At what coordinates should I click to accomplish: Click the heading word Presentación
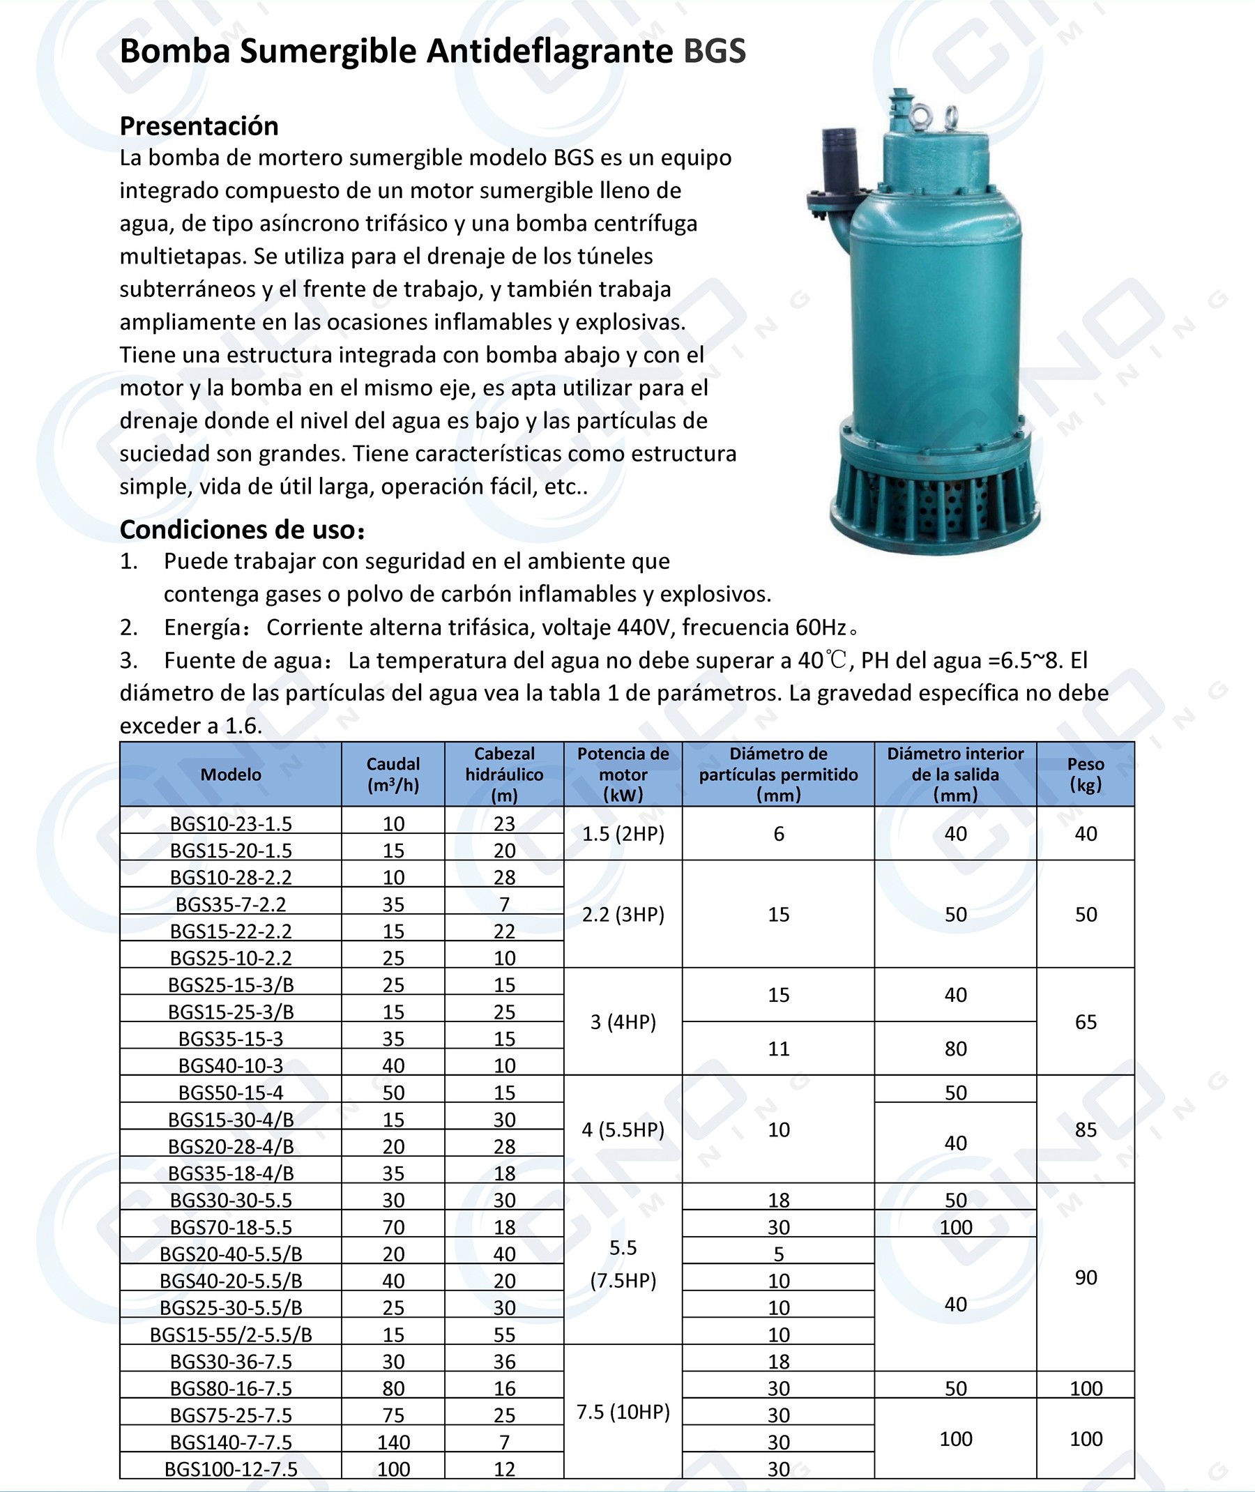point(199,126)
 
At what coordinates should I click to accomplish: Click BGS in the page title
point(713,51)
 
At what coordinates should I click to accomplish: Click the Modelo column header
point(231,774)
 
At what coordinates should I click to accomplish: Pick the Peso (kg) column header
point(1085,774)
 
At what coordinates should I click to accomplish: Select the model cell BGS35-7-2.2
point(231,904)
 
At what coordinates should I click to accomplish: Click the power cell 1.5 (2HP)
point(623,834)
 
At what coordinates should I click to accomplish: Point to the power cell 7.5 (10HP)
point(623,1412)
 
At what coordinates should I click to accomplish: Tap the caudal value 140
point(393,1442)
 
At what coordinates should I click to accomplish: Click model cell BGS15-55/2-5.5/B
point(231,1334)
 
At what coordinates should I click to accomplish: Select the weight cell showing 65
point(1085,1021)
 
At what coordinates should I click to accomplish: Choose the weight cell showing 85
point(1085,1130)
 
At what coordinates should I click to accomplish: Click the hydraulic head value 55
point(503,1334)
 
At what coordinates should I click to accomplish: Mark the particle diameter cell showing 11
point(778,1049)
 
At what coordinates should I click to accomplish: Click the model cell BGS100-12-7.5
point(231,1469)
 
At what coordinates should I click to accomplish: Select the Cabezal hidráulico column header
point(503,774)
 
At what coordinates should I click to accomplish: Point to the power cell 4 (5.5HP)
point(623,1130)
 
